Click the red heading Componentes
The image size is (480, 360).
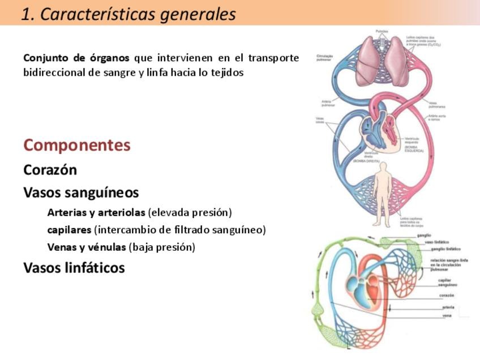coord(77,145)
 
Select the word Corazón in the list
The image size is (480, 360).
coord(50,170)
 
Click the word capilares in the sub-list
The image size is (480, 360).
coord(69,230)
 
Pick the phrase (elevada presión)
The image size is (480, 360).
coord(190,213)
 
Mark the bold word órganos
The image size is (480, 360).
coord(105,58)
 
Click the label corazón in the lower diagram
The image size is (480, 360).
coord(446,295)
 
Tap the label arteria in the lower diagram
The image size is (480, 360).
coord(448,307)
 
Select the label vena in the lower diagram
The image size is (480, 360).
coord(447,315)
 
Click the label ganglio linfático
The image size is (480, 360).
coord(445,248)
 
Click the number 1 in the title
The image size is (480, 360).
coord(24,14)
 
